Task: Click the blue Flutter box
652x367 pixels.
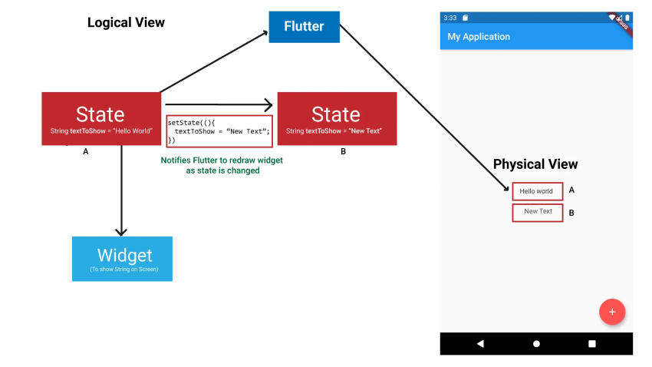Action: click(304, 27)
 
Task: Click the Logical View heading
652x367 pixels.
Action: click(126, 22)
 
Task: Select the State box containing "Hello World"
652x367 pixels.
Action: click(100, 118)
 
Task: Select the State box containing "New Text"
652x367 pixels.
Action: click(336, 118)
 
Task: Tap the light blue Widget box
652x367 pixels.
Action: click(122, 259)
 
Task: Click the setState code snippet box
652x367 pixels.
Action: click(219, 131)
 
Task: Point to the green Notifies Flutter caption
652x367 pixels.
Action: click(222, 165)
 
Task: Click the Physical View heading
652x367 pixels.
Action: click(535, 164)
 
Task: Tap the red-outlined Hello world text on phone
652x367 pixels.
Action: click(537, 191)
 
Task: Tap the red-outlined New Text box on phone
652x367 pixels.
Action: click(537, 212)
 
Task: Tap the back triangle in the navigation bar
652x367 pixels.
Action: click(480, 343)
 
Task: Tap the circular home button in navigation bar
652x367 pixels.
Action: click(536, 343)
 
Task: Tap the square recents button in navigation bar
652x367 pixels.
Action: click(591, 343)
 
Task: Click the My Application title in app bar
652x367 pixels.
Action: click(479, 36)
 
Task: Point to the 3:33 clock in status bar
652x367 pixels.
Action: click(449, 17)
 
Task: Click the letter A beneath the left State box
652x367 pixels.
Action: click(86, 152)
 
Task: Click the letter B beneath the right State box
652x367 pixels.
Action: click(343, 152)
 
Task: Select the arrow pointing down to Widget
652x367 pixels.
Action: click(121, 192)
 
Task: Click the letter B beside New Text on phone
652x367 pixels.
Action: click(571, 213)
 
